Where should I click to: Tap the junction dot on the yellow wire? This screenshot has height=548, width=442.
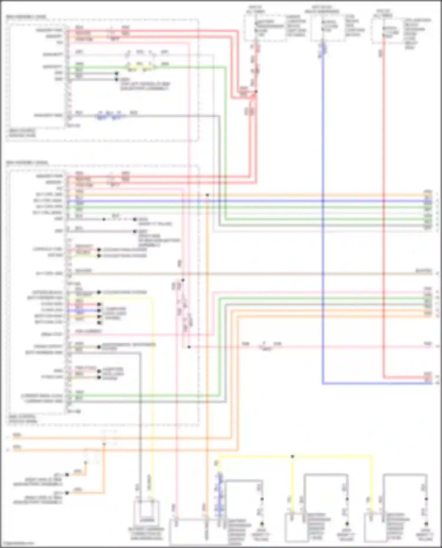tap(292, 456)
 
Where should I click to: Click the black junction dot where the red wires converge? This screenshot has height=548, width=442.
tap(256, 92)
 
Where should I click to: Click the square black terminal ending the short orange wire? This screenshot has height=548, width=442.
tap(67, 474)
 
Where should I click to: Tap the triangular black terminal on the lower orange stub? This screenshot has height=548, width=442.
tap(67, 493)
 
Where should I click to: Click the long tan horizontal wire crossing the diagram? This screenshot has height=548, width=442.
tap(250, 274)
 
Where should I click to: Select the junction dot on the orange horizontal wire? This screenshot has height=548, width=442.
tap(207, 195)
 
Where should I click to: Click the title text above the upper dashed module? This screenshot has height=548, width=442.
tap(27, 17)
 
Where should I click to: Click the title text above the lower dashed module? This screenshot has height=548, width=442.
tap(27, 163)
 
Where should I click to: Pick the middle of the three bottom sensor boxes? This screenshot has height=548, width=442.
tap(296, 527)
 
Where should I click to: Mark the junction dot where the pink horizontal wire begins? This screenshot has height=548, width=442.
tap(189, 347)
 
